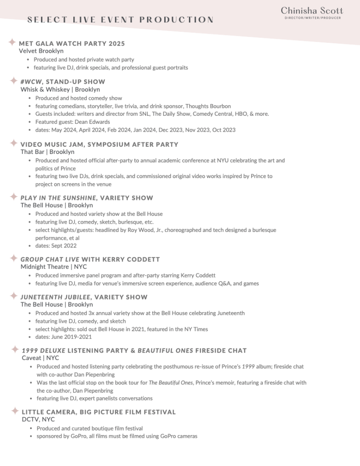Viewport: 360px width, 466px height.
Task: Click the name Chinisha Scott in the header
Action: [x=312, y=10]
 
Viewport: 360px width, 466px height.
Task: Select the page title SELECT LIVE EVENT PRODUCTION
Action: [x=120, y=20]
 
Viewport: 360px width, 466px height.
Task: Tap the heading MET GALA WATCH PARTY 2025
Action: [x=71, y=44]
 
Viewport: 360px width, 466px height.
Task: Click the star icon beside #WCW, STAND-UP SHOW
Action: [x=14, y=81]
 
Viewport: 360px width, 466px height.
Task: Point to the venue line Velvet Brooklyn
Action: [x=41, y=51]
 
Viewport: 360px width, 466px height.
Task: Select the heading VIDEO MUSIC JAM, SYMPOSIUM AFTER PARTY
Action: [x=99, y=144]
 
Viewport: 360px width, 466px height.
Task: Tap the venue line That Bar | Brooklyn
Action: [x=47, y=152]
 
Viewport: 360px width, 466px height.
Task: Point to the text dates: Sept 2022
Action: [x=56, y=246]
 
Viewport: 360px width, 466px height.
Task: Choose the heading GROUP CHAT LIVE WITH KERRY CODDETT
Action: [x=90, y=259]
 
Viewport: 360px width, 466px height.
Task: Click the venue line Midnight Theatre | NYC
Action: [x=53, y=266]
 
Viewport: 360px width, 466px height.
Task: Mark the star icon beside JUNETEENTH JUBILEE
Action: [x=14, y=297]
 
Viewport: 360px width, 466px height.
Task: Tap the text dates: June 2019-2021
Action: [x=63, y=337]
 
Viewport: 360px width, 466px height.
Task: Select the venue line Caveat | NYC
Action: [x=41, y=358]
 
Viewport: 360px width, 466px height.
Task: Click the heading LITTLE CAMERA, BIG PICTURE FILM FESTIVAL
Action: [x=99, y=412]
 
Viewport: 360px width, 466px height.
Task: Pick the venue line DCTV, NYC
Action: [x=38, y=420]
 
